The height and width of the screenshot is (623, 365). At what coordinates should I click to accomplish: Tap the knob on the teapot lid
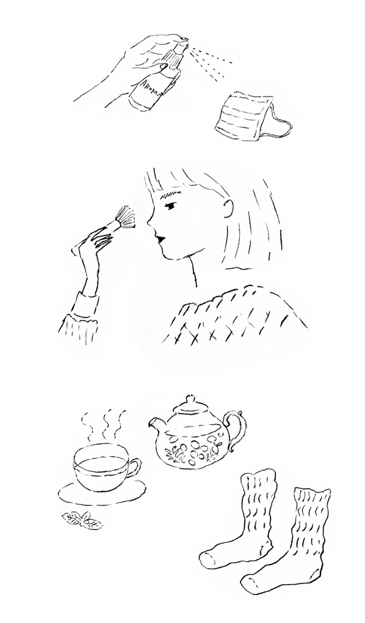(190, 399)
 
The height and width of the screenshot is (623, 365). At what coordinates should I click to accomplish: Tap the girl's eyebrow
(170, 195)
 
